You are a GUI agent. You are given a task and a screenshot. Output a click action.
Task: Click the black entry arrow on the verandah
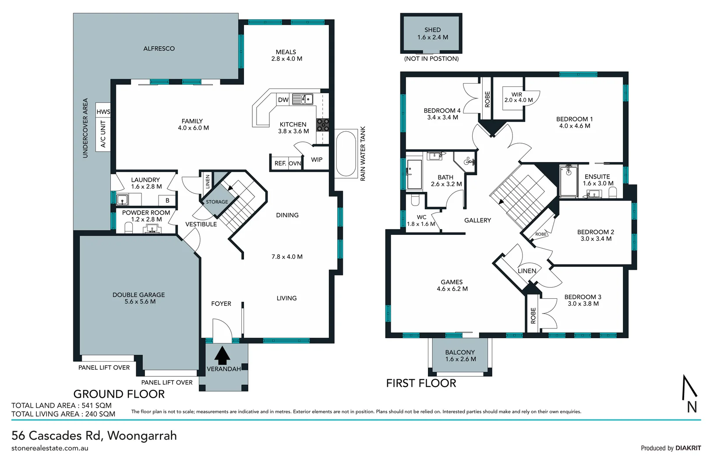[223, 355]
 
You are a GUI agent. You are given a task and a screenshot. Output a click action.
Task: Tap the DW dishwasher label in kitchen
[283, 100]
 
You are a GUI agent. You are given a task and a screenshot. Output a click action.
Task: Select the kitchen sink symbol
[302, 99]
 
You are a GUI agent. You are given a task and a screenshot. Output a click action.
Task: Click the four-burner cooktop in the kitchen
[323, 125]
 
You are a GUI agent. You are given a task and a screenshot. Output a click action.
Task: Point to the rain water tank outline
[346, 153]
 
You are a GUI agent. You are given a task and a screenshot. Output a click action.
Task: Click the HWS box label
[103, 112]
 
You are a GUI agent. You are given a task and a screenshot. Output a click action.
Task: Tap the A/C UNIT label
[103, 134]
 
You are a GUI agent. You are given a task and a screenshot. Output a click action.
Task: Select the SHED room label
[432, 30]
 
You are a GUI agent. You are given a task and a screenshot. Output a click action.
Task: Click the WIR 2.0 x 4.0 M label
[518, 97]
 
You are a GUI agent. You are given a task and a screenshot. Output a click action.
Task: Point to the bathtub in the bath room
[414, 174]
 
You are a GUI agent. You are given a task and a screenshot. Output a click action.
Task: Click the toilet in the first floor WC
[415, 201]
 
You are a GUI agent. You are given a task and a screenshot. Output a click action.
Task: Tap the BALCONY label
[460, 352]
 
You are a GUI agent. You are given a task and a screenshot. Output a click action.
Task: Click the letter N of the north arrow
[692, 407]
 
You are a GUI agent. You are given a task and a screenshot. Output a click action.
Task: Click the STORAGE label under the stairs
[217, 202]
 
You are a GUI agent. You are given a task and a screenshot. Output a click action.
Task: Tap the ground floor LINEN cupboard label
[208, 181]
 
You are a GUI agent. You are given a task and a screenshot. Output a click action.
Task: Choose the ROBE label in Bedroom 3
[533, 315]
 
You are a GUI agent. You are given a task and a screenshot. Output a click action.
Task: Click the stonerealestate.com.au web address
[50, 448]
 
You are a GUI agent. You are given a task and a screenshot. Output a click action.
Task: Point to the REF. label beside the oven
[280, 163]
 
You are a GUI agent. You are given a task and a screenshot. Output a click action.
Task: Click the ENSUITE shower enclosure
[569, 181]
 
